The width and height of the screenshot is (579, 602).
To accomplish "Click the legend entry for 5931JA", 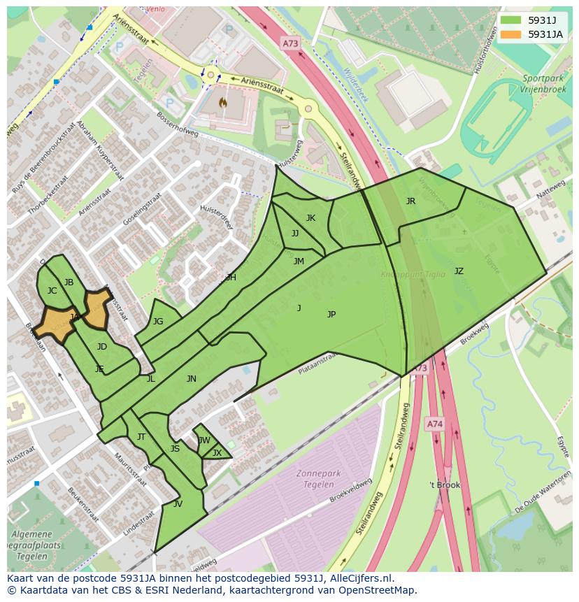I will pyautogui.click(x=545, y=34).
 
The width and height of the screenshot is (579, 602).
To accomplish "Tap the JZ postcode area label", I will pyautogui.click(x=459, y=271).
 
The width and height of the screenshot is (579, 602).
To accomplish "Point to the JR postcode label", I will pyautogui.click(x=410, y=201).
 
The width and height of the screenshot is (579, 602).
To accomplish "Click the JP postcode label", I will pyautogui.click(x=331, y=315).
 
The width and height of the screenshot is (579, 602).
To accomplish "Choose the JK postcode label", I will pyautogui.click(x=310, y=218).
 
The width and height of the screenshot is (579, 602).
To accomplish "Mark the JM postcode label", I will pyautogui.click(x=299, y=261).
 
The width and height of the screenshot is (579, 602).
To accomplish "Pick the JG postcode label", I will pyautogui.click(x=158, y=322).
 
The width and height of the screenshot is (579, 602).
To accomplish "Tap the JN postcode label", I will pyautogui.click(x=192, y=379).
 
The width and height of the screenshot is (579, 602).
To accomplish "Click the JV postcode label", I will pyautogui.click(x=178, y=504).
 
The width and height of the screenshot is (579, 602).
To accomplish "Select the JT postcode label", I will pyautogui.click(x=141, y=437).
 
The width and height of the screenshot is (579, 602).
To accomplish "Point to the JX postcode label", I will pyautogui.click(x=217, y=453).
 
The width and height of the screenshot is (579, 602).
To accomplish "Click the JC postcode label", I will pyautogui.click(x=52, y=291).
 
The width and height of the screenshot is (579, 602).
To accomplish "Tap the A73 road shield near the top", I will pyautogui.click(x=290, y=43).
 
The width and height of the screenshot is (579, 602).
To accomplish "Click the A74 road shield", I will pyautogui.click(x=434, y=424).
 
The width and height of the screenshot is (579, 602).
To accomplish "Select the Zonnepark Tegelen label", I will pyautogui.click(x=318, y=478).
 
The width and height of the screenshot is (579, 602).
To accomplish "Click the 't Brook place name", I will pyautogui.click(x=445, y=485).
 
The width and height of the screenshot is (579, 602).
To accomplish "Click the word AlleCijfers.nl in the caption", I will pyautogui.click(x=359, y=579).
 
